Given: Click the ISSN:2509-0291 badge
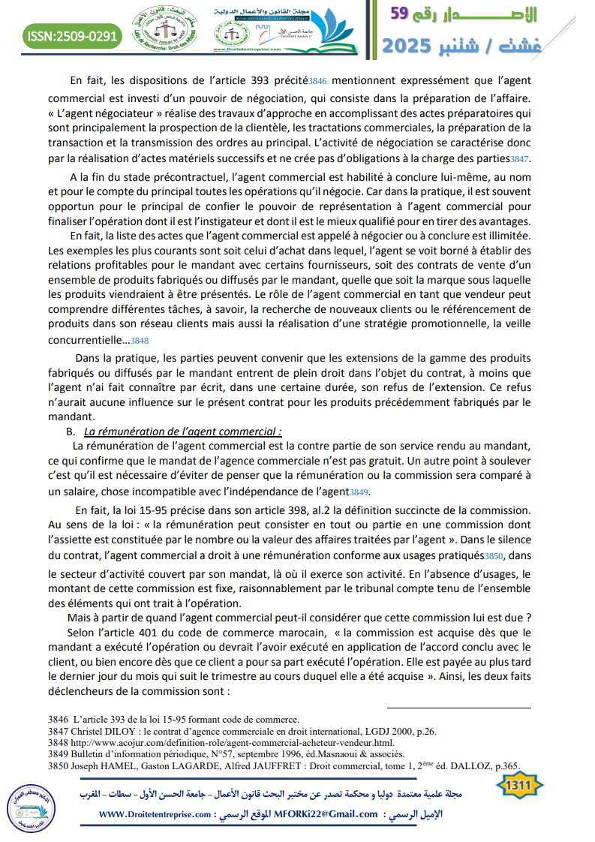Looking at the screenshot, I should pyautogui.click(x=72, y=35).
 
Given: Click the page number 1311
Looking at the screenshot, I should pyautogui.click(x=518, y=785).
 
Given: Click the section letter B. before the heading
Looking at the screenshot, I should pyautogui.click(x=71, y=432).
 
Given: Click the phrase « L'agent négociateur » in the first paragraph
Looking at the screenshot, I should pyautogui.click(x=104, y=112).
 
